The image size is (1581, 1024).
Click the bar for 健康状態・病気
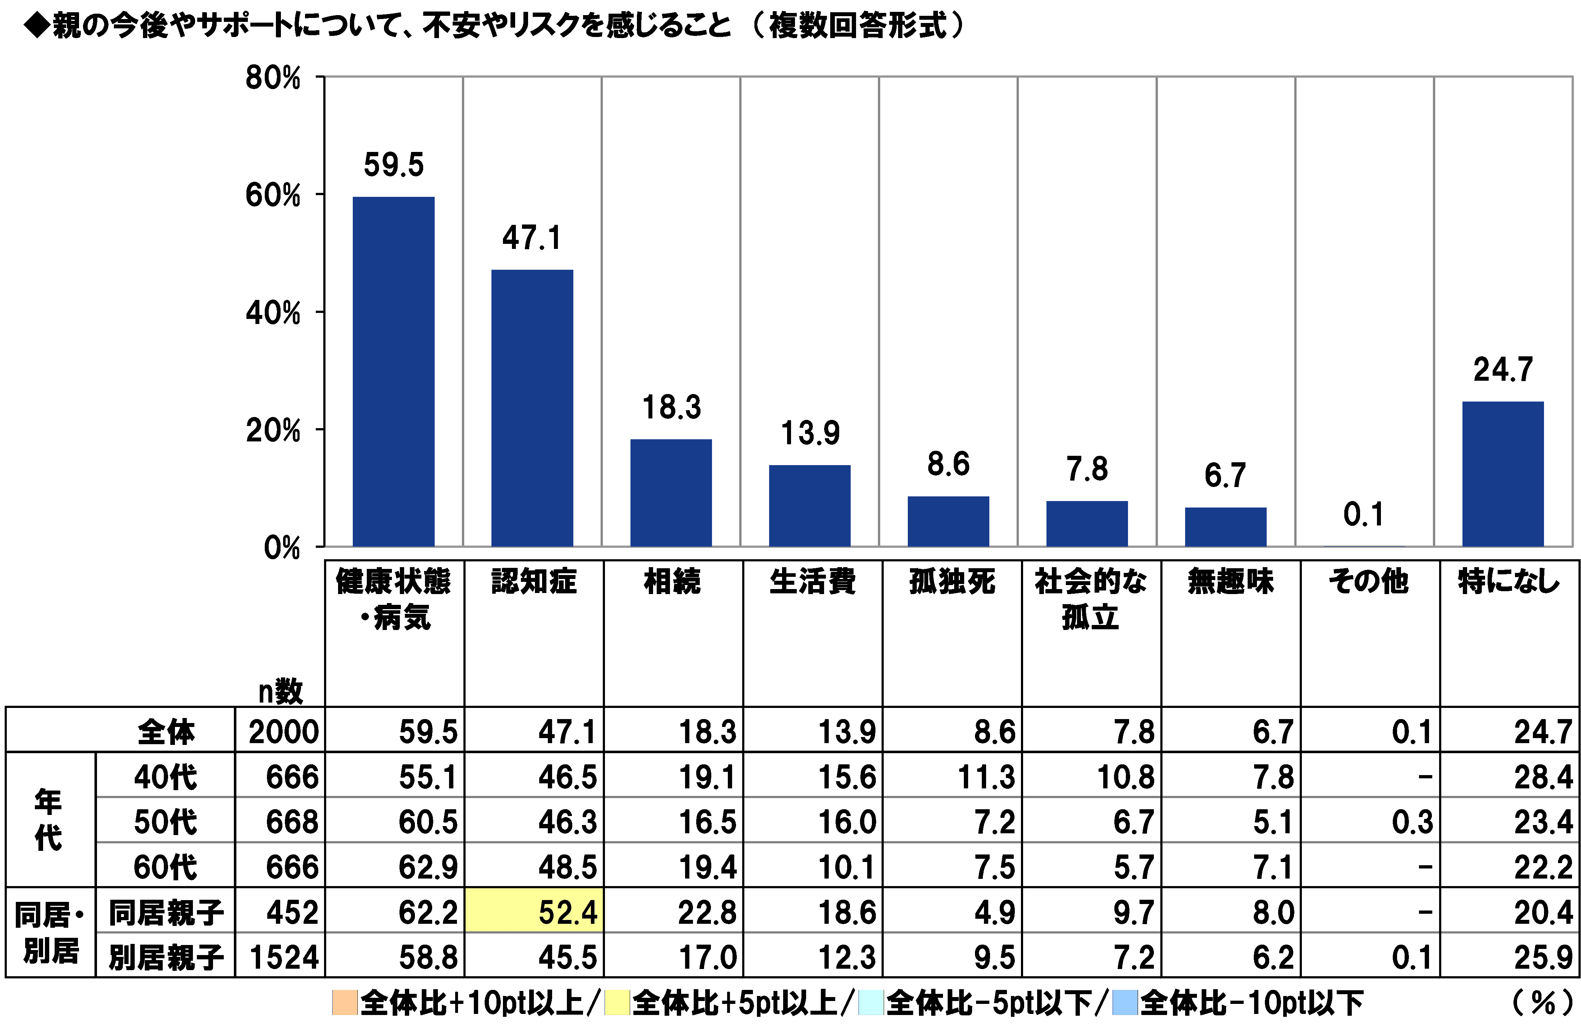click(393, 372)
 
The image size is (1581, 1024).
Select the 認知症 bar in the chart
click(532, 408)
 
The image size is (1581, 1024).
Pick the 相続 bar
click(671, 493)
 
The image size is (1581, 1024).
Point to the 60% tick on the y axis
click(273, 196)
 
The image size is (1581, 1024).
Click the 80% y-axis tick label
click(273, 78)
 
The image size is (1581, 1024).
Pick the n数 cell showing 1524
click(284, 957)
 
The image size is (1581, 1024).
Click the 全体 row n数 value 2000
click(284, 732)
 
